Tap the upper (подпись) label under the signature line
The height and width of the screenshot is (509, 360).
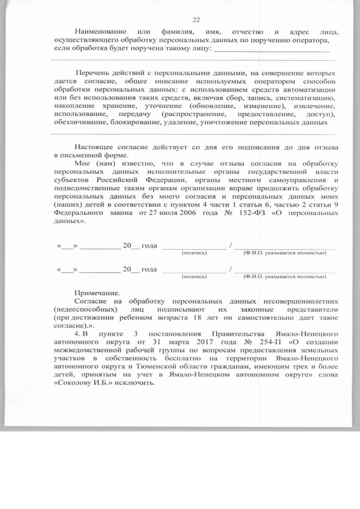click(x=194, y=253)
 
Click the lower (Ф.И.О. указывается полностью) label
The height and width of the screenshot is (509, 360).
click(x=285, y=277)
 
